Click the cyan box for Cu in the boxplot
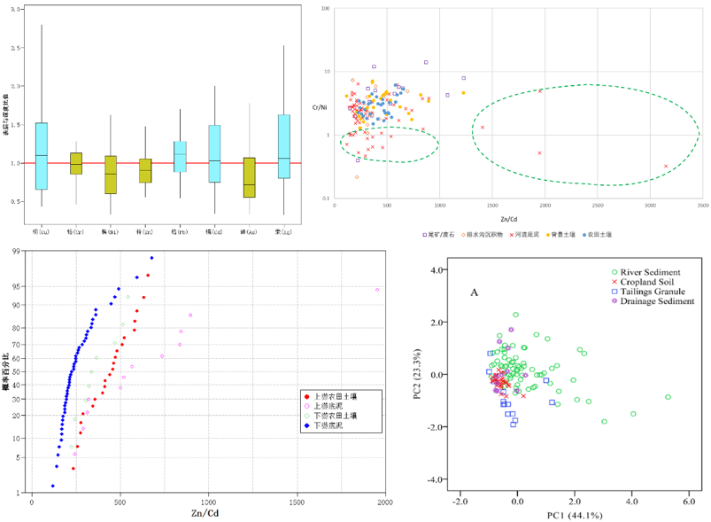(x=42, y=156)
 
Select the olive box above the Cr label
(x=75, y=163)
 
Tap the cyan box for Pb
(x=180, y=156)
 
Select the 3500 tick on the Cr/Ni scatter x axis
(x=702, y=206)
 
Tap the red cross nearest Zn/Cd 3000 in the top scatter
(x=667, y=166)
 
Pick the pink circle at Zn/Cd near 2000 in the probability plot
(x=377, y=290)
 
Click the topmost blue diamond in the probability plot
(x=151, y=258)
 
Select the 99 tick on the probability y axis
(x=17, y=252)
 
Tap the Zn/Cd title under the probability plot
(x=205, y=513)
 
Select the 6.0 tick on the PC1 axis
(x=687, y=501)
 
